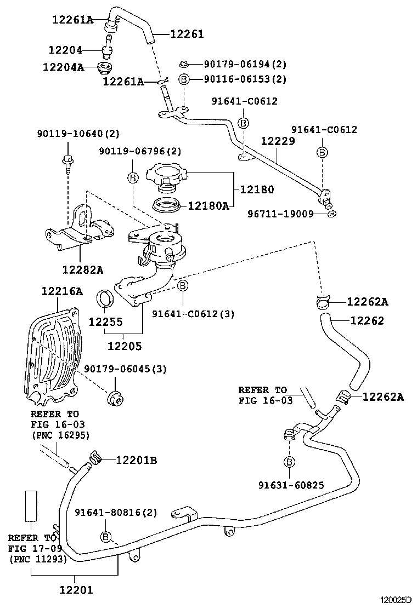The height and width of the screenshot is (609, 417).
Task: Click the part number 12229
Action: tap(278, 141)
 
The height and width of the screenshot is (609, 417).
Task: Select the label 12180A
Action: tap(208, 205)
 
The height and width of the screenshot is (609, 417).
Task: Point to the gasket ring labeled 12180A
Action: tap(166, 206)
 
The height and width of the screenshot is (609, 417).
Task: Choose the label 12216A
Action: tap(61, 291)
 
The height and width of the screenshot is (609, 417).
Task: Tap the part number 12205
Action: tap(125, 346)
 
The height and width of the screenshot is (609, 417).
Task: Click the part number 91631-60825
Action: tap(291, 485)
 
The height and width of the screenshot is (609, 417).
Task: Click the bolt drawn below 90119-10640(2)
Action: tap(67, 162)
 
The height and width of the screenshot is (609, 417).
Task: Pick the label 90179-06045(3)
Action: tap(125, 369)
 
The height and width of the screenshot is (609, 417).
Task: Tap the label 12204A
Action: tap(64, 67)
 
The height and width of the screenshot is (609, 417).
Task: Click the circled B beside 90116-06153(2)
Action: tap(184, 79)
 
